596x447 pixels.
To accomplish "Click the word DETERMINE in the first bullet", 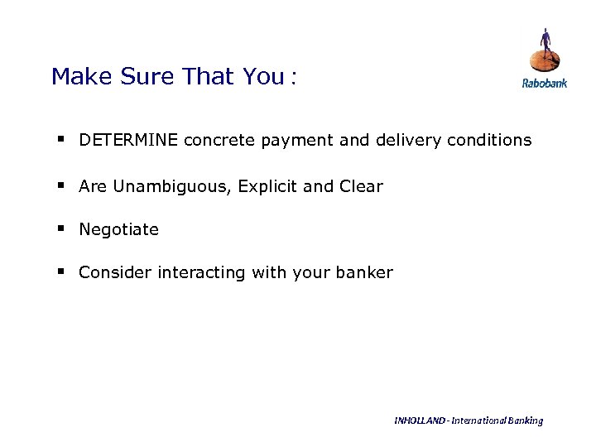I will coord(129,140).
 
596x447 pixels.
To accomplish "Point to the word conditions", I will coord(489,140).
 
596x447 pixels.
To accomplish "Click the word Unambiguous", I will coord(171,186).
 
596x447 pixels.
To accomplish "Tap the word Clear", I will coord(361,186).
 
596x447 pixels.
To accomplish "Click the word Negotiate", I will coord(118,229).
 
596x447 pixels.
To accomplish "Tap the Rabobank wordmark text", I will coord(544,83).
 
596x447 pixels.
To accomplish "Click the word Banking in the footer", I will coord(525,421).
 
